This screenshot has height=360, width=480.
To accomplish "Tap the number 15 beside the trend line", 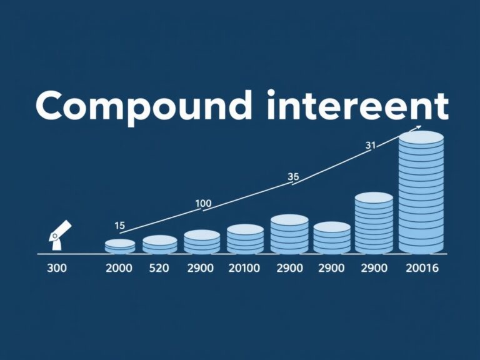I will click(x=120, y=226).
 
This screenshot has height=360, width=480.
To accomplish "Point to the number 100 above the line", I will click(x=204, y=203).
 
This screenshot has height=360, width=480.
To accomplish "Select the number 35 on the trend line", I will click(x=293, y=177).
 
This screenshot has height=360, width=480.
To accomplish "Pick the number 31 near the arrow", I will click(x=370, y=145).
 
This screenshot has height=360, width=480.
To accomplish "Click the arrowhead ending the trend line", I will click(x=417, y=128).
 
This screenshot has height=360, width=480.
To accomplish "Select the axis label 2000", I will click(x=119, y=269).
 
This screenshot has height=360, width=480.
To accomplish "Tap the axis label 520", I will click(x=159, y=269).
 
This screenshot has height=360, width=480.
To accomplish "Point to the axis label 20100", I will click(x=245, y=269).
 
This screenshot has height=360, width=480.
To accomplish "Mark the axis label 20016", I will click(x=421, y=269).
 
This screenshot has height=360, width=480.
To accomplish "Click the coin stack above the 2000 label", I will click(x=120, y=246).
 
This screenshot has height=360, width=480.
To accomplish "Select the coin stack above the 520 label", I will click(x=160, y=244).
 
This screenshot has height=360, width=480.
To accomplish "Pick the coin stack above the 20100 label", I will click(x=245, y=239).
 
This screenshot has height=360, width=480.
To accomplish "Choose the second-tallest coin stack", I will click(x=374, y=223).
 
